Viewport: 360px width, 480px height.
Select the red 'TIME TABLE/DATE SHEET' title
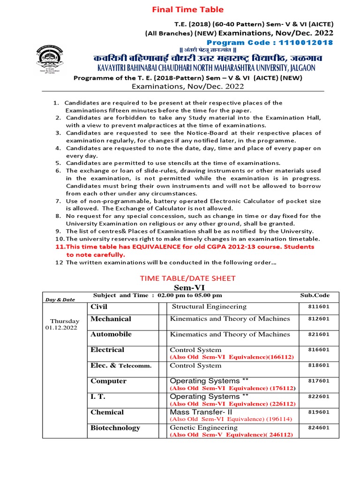click(x=187, y=278)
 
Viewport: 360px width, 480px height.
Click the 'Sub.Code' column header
click(x=315, y=295)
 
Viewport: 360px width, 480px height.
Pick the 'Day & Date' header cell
click(x=60, y=299)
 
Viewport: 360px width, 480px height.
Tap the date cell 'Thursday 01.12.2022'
click(x=65, y=324)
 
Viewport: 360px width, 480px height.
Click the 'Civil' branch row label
click(x=99, y=307)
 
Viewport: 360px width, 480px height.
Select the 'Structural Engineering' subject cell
click(x=209, y=307)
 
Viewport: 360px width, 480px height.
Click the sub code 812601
click(x=319, y=319)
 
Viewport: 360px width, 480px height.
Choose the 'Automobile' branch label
click(x=111, y=334)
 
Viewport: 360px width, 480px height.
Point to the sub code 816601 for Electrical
click(x=319, y=350)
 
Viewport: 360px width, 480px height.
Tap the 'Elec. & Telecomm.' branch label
click(x=121, y=366)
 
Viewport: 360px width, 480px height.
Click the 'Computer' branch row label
click(x=108, y=381)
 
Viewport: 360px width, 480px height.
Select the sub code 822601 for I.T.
click(x=319, y=397)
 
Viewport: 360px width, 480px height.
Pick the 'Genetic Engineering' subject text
click(x=203, y=427)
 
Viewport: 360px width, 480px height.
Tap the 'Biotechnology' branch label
click(x=115, y=427)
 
